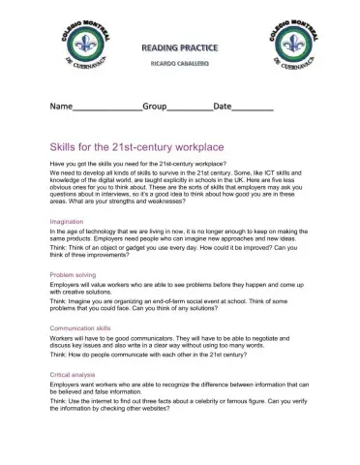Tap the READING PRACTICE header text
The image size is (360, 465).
(181, 46)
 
